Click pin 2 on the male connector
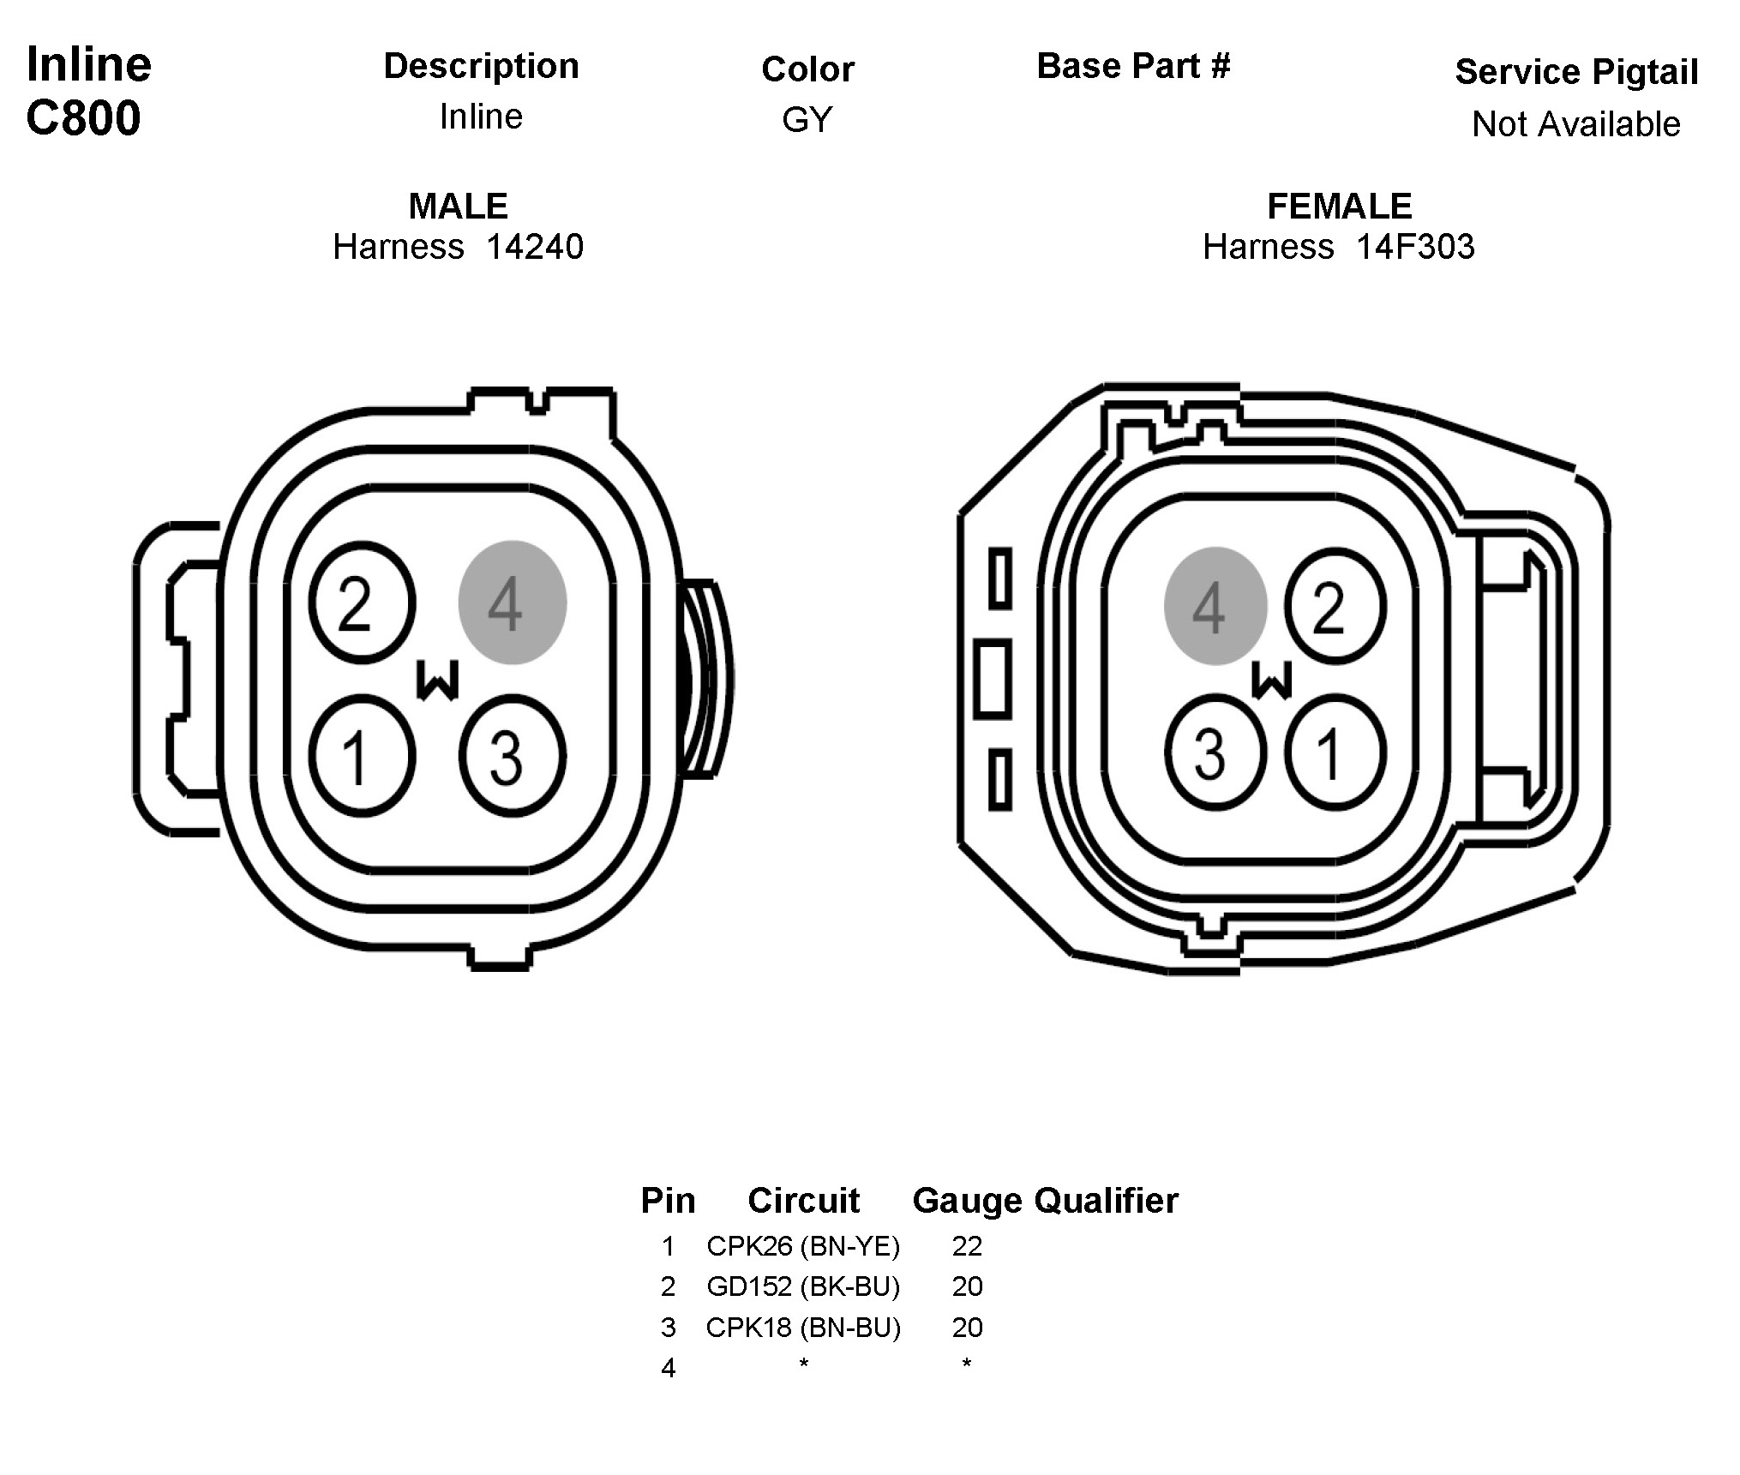tap(363, 603)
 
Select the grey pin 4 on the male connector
tap(513, 602)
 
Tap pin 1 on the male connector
tap(363, 755)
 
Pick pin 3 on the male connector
tap(513, 755)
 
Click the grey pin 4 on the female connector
tap(1215, 606)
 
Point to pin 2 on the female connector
tap(1335, 606)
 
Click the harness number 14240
tap(535, 247)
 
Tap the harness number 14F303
tap(1415, 247)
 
